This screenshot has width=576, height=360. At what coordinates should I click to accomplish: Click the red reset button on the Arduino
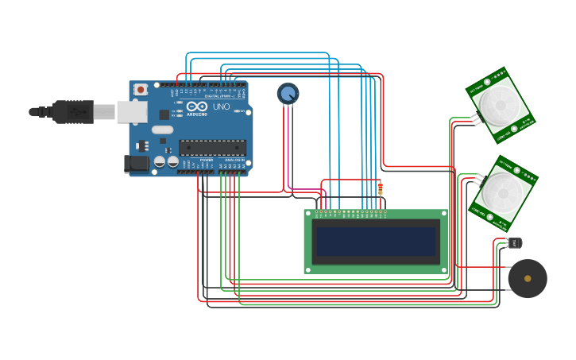(141, 90)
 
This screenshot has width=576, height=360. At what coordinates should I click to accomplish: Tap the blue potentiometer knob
(288, 94)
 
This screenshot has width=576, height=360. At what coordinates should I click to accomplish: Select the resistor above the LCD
(380, 188)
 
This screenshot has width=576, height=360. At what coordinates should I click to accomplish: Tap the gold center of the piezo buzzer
(528, 278)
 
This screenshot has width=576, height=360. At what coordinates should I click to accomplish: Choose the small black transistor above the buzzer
(516, 242)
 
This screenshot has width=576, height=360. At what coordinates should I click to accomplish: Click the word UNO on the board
(221, 106)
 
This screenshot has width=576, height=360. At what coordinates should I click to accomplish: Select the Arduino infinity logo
(197, 106)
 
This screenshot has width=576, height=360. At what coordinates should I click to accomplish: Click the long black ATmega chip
(212, 147)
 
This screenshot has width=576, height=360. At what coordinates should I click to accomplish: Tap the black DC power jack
(136, 164)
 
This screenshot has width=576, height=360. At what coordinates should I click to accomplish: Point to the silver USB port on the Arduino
(132, 111)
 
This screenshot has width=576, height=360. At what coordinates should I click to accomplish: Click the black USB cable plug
(73, 112)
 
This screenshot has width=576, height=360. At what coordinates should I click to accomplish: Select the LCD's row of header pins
(350, 212)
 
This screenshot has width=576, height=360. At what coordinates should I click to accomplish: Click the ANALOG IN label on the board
(234, 160)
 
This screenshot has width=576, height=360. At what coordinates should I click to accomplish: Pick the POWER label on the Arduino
(206, 160)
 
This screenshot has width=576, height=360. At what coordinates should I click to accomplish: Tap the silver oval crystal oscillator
(162, 130)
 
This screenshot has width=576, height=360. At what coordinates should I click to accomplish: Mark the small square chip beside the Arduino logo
(164, 114)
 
